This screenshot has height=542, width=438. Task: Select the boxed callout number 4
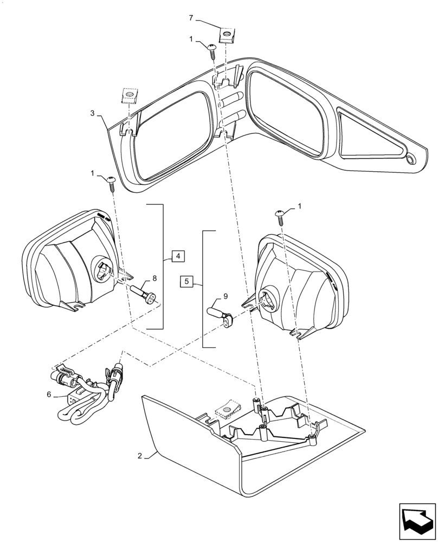tap(178, 255)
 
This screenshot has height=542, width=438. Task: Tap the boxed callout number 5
tap(186, 281)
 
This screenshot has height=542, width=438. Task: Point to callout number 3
tap(93, 113)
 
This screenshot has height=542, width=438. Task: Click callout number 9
tap(218, 297)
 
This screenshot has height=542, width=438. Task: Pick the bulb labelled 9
tap(222, 316)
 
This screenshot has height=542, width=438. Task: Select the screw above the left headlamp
tap(112, 182)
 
